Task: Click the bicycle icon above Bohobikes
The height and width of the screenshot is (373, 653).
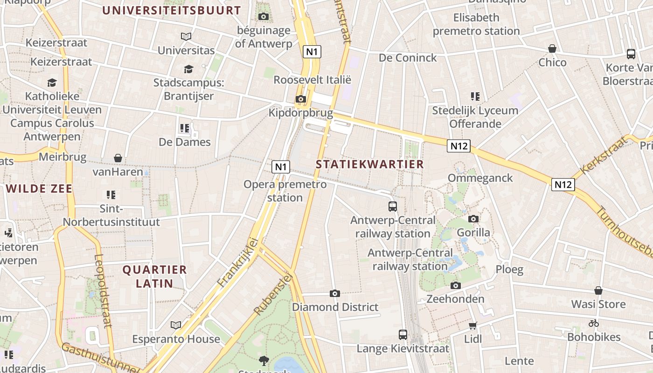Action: click(594, 323)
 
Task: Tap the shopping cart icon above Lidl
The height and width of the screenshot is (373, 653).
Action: click(473, 325)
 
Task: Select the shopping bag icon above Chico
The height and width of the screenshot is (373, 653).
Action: click(552, 48)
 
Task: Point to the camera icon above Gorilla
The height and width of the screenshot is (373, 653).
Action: click(473, 219)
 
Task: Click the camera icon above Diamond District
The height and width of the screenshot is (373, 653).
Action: click(335, 293)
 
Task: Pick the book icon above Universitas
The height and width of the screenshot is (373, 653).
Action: click(186, 36)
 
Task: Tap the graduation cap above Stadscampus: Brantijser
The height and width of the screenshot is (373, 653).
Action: click(188, 69)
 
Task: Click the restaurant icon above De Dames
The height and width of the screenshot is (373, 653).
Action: click(185, 128)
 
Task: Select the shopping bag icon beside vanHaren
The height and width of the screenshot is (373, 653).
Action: click(118, 158)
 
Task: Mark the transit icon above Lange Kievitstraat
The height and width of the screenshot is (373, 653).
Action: click(403, 334)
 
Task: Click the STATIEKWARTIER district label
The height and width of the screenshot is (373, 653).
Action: click(370, 164)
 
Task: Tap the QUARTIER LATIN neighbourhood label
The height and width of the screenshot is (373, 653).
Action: click(154, 276)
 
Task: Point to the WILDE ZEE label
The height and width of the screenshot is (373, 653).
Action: click(40, 189)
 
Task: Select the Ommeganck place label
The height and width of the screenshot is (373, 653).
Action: click(480, 178)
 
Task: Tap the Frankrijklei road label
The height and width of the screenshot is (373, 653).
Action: click(238, 262)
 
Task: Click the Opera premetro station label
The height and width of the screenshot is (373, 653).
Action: click(285, 191)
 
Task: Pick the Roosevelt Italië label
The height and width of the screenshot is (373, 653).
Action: click(312, 79)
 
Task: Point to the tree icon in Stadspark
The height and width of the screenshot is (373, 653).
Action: click(264, 360)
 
